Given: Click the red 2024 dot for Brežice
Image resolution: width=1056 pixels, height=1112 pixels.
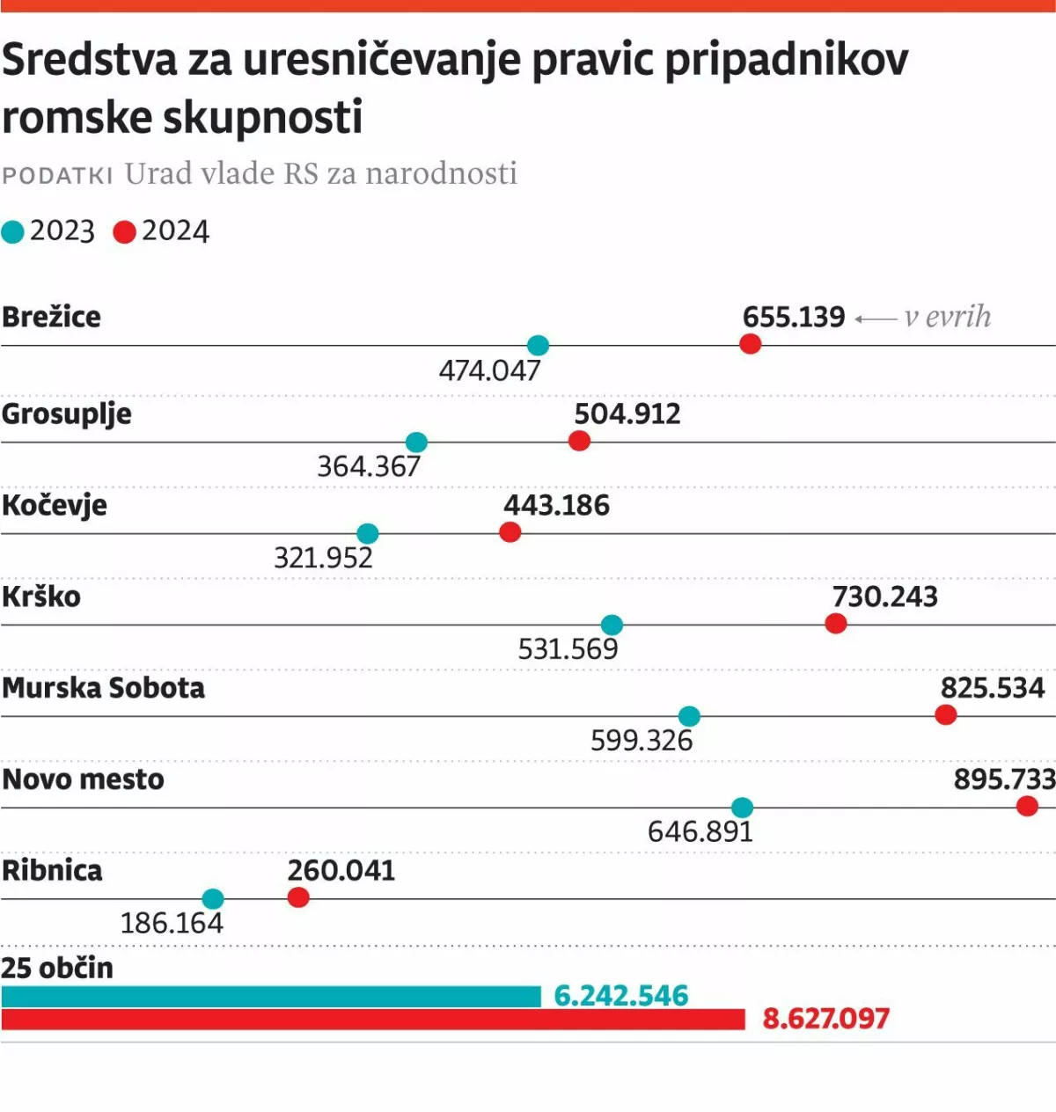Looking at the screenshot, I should pyautogui.click(x=750, y=344).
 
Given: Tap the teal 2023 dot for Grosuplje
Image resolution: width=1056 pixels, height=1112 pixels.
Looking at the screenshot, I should pyautogui.click(x=416, y=442).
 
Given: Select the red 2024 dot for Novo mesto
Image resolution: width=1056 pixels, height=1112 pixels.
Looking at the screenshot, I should pyautogui.click(x=1027, y=806).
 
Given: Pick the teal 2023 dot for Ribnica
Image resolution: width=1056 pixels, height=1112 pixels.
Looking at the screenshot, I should pyautogui.click(x=213, y=899).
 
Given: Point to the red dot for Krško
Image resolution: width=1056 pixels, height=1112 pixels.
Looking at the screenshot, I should pyautogui.click(x=836, y=624).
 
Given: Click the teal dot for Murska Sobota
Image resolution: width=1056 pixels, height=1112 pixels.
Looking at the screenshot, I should pyautogui.click(x=690, y=716).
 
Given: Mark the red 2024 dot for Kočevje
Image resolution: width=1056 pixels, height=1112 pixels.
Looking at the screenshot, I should pyautogui.click(x=510, y=532).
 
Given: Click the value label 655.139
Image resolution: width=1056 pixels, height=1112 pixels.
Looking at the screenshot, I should pyautogui.click(x=793, y=317).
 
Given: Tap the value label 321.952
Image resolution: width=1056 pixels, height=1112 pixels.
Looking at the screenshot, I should pyautogui.click(x=323, y=558).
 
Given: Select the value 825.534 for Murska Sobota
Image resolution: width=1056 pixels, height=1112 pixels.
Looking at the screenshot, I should pyautogui.click(x=992, y=688).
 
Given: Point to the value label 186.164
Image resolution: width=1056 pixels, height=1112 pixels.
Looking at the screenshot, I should pyautogui.click(x=172, y=923).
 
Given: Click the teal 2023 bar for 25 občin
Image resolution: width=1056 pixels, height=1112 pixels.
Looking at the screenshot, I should pyautogui.click(x=271, y=996).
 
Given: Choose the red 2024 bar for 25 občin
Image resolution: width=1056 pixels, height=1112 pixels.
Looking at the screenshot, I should pyautogui.click(x=373, y=1020).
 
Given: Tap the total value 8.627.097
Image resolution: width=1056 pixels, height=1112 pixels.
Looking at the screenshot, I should pyautogui.click(x=825, y=1019).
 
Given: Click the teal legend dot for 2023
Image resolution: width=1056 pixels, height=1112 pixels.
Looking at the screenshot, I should pyautogui.click(x=13, y=232).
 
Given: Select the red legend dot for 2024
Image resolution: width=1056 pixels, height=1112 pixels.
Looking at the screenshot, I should pyautogui.click(x=124, y=232).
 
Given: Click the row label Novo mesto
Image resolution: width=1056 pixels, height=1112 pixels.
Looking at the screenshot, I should pyautogui.click(x=83, y=779).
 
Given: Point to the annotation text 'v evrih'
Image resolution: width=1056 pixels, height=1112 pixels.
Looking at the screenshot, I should pyautogui.click(x=947, y=317).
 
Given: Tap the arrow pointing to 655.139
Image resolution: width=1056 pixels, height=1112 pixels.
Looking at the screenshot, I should pyautogui.click(x=876, y=318).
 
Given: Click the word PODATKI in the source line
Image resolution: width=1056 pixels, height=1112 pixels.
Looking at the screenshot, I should pyautogui.click(x=57, y=175).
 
